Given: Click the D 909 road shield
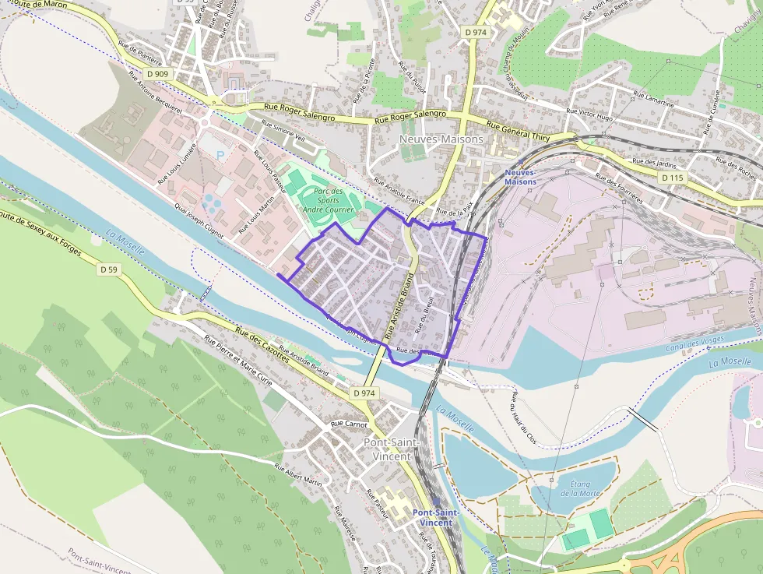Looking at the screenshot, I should pyautogui.click(x=157, y=74).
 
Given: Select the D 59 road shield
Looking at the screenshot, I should pyautogui.click(x=109, y=269).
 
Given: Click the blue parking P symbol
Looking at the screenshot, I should pyautogui.click(x=220, y=155).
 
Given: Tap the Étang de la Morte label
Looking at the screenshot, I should pyautogui.click(x=580, y=488).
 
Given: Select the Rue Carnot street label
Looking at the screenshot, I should pyautogui.click(x=349, y=424).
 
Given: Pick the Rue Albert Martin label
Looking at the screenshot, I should pyautogui.click(x=297, y=474).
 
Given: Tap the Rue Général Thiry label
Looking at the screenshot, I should pyautogui.click(x=518, y=129).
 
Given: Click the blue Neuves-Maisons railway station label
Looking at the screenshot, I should pyautogui.click(x=520, y=177).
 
